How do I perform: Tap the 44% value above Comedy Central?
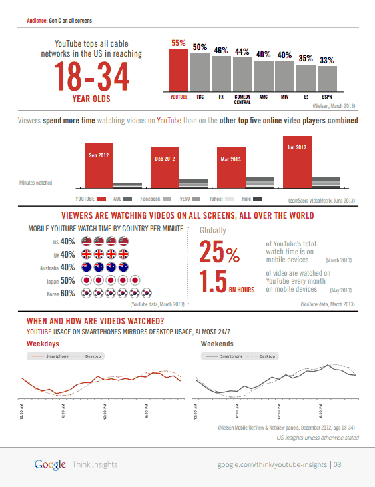[x=242, y=51]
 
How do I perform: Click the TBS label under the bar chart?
[x=200, y=97]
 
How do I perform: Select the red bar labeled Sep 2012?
[x=98, y=167]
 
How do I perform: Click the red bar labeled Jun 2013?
[x=292, y=163]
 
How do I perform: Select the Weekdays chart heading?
[x=43, y=344]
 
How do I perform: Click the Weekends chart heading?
[x=217, y=344]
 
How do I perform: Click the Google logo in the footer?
[x=50, y=464]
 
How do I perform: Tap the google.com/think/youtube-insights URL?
[x=272, y=464]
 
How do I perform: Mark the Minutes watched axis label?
[x=36, y=182]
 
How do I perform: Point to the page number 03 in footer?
[x=338, y=464]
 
